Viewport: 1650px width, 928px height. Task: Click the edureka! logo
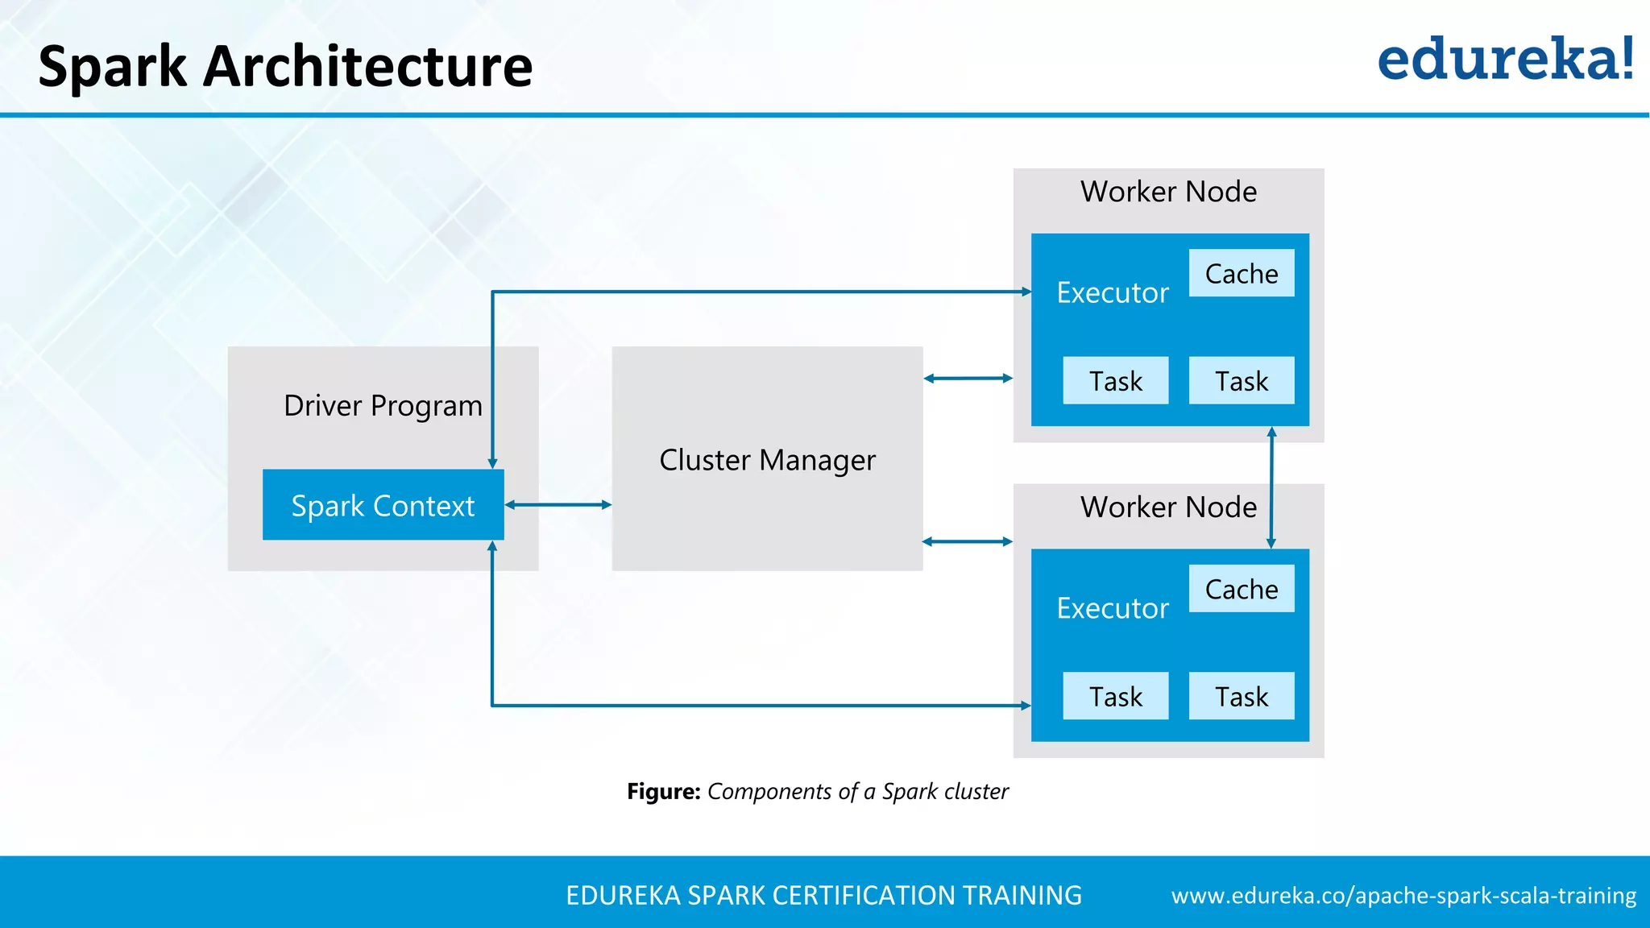(x=1505, y=60)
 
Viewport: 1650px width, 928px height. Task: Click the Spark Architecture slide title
(x=285, y=66)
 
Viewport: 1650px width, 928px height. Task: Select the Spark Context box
(x=383, y=505)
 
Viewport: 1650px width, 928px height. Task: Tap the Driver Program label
(x=383, y=405)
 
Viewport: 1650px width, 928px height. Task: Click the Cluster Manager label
(x=767, y=460)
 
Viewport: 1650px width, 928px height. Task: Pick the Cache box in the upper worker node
(x=1241, y=274)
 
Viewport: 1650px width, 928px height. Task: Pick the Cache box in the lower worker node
(x=1241, y=589)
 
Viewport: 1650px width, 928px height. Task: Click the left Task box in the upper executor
(x=1115, y=380)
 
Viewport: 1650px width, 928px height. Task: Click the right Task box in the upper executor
(x=1241, y=380)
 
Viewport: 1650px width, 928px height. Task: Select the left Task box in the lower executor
(x=1115, y=696)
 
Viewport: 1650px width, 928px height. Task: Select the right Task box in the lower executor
(x=1241, y=696)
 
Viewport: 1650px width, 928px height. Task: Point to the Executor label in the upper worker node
(x=1113, y=292)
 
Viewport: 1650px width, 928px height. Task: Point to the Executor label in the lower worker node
(x=1113, y=608)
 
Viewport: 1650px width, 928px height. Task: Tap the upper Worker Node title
(x=1168, y=192)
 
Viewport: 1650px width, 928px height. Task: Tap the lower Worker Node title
(x=1168, y=507)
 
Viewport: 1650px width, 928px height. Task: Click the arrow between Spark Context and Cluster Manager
(x=558, y=505)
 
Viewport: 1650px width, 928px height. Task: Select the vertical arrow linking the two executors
(x=1271, y=487)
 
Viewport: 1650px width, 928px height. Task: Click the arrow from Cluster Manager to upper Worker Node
(x=968, y=378)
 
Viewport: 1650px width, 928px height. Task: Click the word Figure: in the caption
(x=663, y=791)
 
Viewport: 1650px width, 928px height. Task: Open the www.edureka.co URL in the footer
(x=1403, y=896)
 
